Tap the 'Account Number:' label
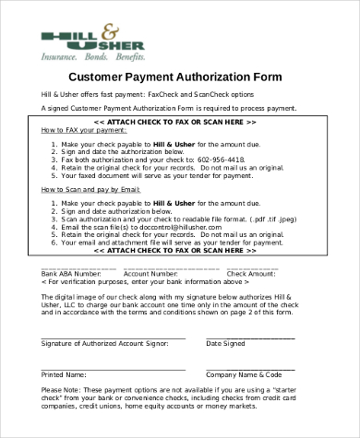coord(150,274)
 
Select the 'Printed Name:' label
coord(64,375)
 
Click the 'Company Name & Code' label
coord(244,375)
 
